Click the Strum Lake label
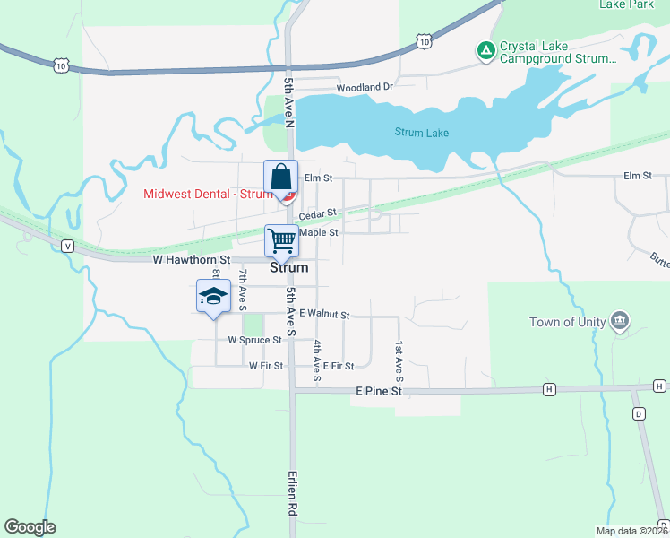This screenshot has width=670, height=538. pos(422,133)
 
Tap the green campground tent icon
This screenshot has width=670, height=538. pos(485,50)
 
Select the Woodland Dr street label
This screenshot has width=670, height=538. pos(365,88)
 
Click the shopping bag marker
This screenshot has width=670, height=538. pos(280,177)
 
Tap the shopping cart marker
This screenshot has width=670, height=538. pos(281,240)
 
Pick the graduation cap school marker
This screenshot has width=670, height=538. pos(214,296)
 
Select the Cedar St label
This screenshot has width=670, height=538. pos(317,214)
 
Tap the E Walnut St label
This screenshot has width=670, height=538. pos(324,314)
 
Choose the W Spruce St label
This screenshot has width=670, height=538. pos(254,341)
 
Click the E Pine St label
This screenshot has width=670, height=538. pos(379,392)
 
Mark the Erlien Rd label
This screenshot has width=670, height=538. pos(292,494)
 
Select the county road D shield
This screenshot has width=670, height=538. pos(639,413)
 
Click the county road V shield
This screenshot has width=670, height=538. pos(67,246)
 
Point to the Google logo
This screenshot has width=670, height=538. pos(30,527)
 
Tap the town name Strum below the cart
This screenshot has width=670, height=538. pos(288,267)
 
